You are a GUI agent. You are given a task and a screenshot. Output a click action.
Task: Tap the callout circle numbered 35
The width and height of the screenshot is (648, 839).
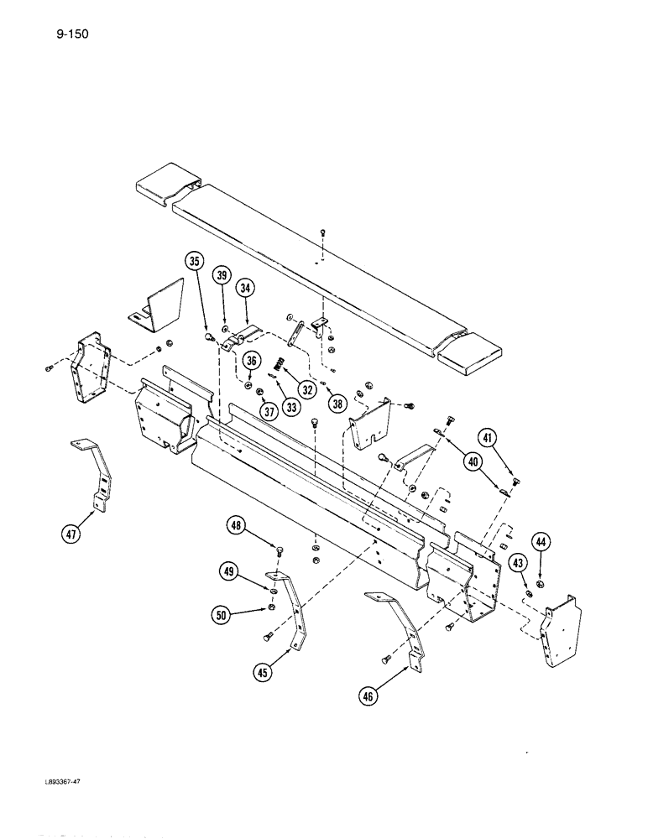[196, 262]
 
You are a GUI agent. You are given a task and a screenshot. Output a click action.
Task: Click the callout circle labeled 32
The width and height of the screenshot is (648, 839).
[307, 389]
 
